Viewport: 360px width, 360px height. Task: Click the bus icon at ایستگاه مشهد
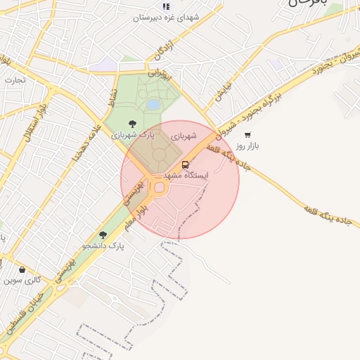pyautogui.click(x=185, y=165)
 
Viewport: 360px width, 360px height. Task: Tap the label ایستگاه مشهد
pyautogui.click(x=185, y=174)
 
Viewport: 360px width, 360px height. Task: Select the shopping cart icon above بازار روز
pyautogui.click(x=247, y=135)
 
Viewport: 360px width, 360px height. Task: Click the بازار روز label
pyautogui.click(x=247, y=146)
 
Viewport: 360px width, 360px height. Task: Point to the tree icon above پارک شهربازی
pyautogui.click(x=132, y=124)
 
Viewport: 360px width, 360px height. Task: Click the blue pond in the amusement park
pyautogui.click(x=153, y=105)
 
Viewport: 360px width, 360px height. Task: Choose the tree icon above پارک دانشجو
pyautogui.click(x=103, y=235)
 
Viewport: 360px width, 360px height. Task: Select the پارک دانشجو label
pyautogui.click(x=103, y=245)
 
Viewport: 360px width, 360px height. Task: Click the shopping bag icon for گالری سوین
pyautogui.click(x=22, y=269)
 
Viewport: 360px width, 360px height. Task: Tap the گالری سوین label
pyautogui.click(x=22, y=280)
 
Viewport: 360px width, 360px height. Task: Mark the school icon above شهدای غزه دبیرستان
pyautogui.click(x=166, y=6)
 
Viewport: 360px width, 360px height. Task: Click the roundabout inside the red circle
pyautogui.click(x=159, y=187)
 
